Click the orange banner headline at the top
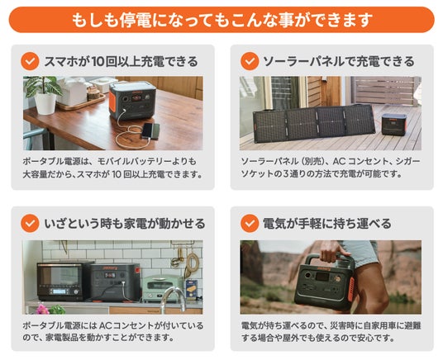click(x=221, y=20)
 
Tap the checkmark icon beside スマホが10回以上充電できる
click(x=30, y=61)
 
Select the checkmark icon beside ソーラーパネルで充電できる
click(x=250, y=61)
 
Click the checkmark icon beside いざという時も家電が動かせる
click(x=30, y=223)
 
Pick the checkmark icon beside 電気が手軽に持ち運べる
click(x=250, y=223)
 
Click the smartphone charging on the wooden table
click(x=150, y=131)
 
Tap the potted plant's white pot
click(x=45, y=103)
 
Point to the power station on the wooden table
click(x=132, y=100)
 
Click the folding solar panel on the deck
click(x=313, y=122)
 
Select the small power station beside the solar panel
click(x=394, y=124)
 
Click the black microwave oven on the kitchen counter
click(x=64, y=281)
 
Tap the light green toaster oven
click(x=162, y=288)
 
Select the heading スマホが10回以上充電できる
click(x=121, y=61)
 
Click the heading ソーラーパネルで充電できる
click(x=339, y=61)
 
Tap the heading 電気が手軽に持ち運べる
click(x=327, y=224)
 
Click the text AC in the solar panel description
click(x=339, y=161)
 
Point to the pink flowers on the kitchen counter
click(x=42, y=310)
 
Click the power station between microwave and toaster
click(x=116, y=282)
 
